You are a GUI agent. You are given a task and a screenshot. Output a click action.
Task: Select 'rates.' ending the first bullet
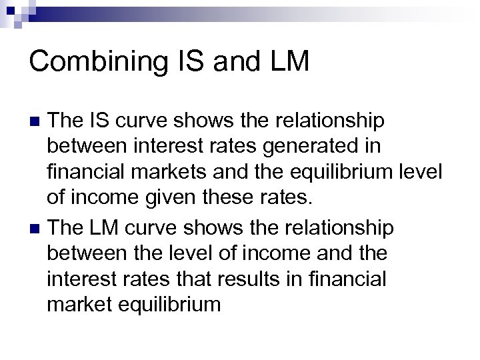click(288, 199)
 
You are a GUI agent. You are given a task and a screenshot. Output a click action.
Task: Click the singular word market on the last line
click(75, 305)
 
